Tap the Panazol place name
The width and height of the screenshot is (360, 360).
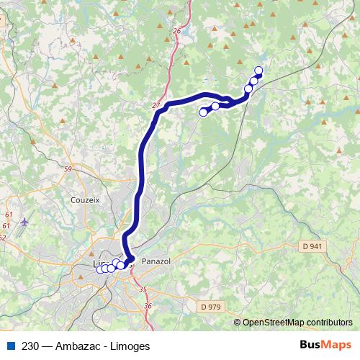click(156, 261)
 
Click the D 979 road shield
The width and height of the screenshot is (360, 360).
click(211, 306)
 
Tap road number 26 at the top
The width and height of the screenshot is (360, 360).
click(176, 31)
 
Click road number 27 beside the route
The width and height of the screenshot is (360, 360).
click(156, 106)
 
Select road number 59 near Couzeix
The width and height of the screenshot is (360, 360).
click(68, 169)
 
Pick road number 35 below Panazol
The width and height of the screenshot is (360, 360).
click(142, 289)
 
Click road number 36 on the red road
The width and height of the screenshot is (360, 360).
click(148, 306)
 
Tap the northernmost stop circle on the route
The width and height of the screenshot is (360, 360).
click(258, 71)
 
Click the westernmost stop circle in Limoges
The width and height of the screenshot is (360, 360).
click(100, 269)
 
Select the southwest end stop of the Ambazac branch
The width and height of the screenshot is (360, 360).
click(203, 112)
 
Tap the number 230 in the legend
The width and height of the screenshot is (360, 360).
click(30, 346)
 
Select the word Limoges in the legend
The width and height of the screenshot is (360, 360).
click(130, 346)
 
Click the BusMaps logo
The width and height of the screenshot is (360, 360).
click(325, 345)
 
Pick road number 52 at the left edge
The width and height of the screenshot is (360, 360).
click(2, 237)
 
